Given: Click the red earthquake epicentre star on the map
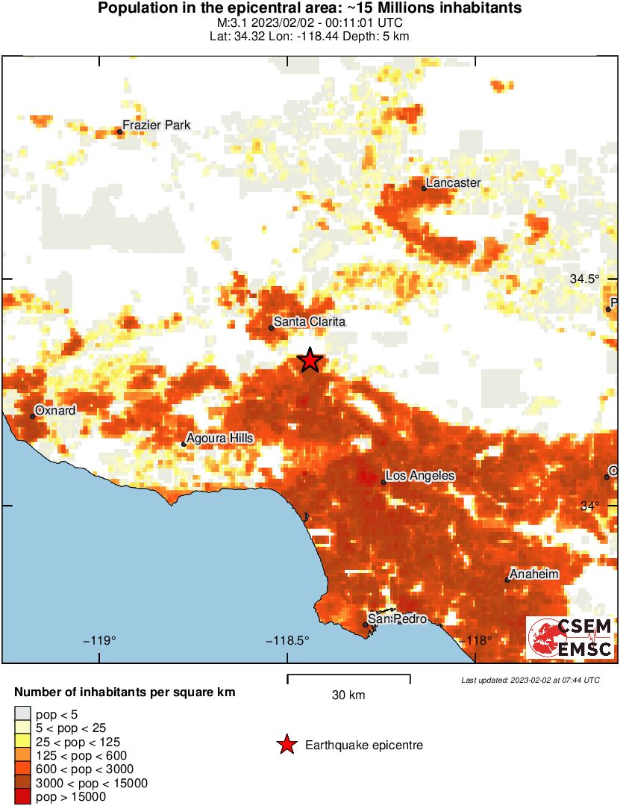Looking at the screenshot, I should (310, 360).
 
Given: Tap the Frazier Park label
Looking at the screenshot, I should (156, 125).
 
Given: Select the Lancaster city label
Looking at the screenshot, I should (453, 182).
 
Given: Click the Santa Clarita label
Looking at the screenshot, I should (309, 322).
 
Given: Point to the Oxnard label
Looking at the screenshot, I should (56, 410).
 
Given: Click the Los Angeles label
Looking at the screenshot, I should (420, 476).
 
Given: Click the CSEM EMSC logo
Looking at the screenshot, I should (571, 637).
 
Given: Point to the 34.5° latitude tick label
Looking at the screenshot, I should (584, 279).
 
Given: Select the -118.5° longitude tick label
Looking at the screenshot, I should (287, 640).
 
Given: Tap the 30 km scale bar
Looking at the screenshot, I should (348, 678).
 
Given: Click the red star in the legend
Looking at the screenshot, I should (286, 745).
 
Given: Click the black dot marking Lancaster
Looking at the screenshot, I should (424, 188).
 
